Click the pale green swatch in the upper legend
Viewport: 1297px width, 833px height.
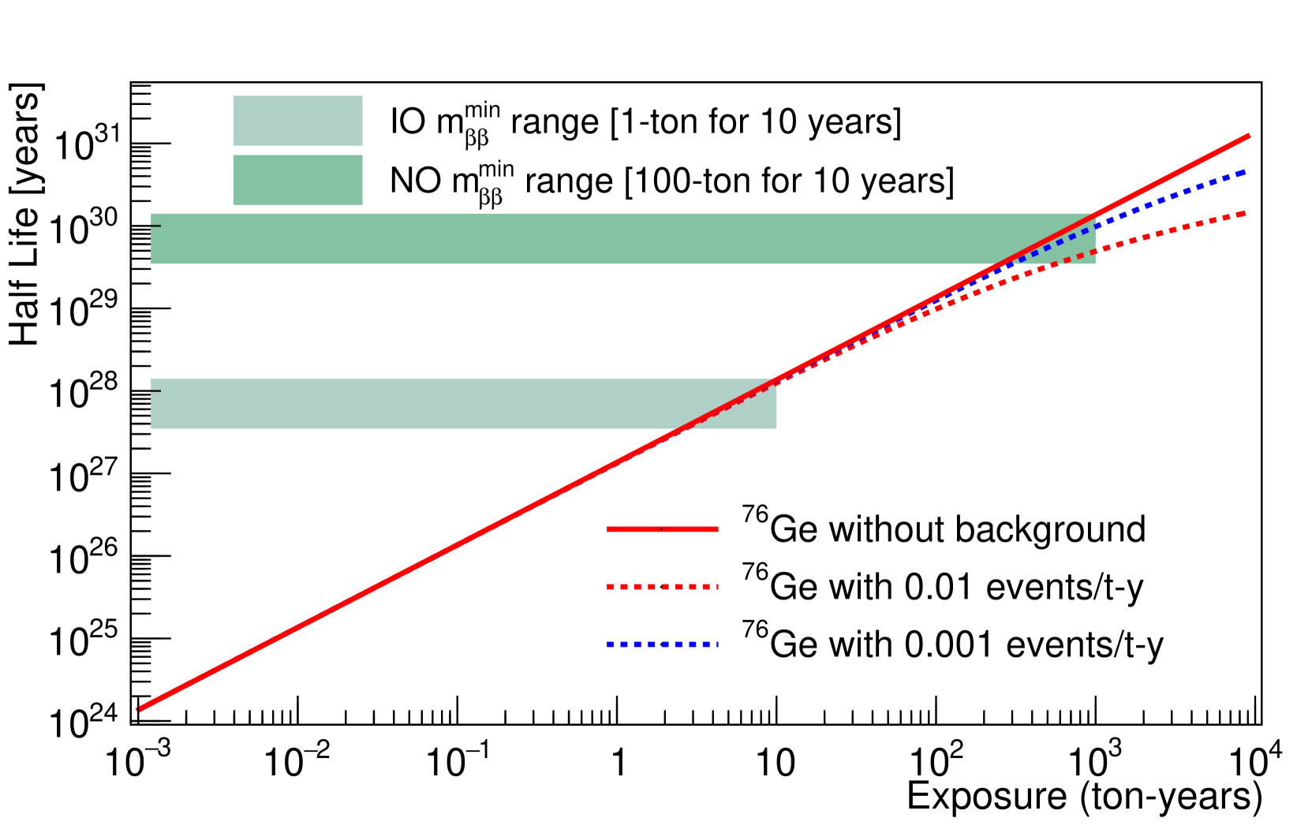[x=297, y=121]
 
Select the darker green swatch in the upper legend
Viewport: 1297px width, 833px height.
[x=297, y=180]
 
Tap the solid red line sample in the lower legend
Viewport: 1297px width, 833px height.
[x=662, y=529]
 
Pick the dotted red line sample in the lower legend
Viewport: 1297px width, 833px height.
[x=662, y=587]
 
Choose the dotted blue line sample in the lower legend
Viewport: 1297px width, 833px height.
[x=662, y=644]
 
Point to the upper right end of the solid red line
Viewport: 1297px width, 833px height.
[x=1249, y=136]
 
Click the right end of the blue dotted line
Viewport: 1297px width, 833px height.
[x=1245, y=171]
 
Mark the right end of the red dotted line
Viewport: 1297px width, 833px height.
[x=1245, y=213]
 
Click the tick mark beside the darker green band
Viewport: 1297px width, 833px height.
[x=155, y=226]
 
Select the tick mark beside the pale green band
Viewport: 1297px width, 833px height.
[x=155, y=390]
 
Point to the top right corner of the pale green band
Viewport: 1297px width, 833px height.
[x=776, y=379]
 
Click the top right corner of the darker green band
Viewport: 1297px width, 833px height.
[x=1095, y=214]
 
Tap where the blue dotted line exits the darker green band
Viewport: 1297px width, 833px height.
[x=1095, y=227]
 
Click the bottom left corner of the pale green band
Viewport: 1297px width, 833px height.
[x=151, y=428]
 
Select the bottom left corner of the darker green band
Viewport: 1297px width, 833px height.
[x=151, y=263]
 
